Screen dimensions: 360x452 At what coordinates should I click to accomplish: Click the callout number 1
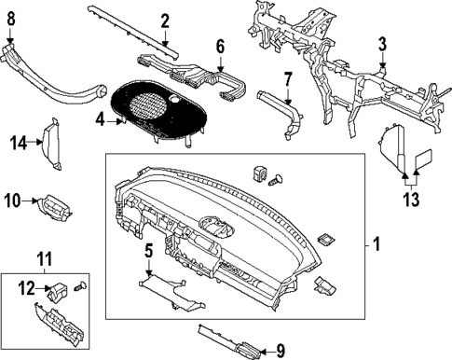(377, 244)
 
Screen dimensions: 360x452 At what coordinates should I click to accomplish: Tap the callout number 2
(164, 21)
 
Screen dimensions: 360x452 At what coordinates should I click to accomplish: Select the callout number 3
(382, 44)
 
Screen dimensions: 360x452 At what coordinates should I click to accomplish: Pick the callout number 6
(220, 46)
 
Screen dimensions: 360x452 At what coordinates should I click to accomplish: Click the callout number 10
(11, 199)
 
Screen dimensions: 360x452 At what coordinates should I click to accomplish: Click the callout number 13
(411, 199)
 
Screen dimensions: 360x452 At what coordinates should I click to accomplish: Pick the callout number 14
(16, 142)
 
